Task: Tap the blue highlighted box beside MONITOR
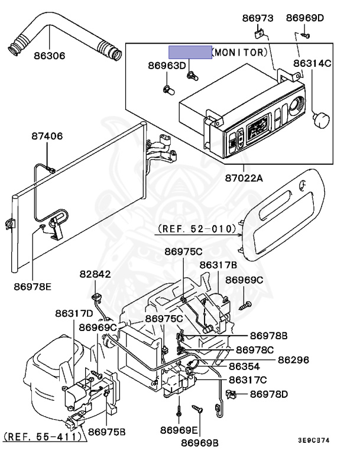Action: [x=190, y=52]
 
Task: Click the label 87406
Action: [x=47, y=137]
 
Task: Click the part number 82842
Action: [x=95, y=274]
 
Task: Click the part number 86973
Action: [x=258, y=18]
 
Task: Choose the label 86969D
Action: [x=305, y=18]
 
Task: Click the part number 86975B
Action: [x=107, y=431]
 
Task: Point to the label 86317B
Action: [x=218, y=265]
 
